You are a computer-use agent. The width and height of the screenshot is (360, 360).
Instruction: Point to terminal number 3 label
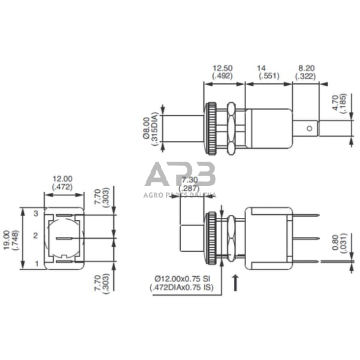click(x=36, y=212)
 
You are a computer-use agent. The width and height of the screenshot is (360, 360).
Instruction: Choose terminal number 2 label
click(x=36, y=236)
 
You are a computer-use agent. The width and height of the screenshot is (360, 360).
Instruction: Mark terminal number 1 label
click(x=36, y=264)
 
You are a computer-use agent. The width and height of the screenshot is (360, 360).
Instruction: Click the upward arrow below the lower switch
click(x=236, y=283)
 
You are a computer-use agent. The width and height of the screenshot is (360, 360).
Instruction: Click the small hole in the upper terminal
click(x=310, y=128)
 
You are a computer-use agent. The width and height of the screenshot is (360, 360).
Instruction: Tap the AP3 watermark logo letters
click(x=180, y=176)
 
